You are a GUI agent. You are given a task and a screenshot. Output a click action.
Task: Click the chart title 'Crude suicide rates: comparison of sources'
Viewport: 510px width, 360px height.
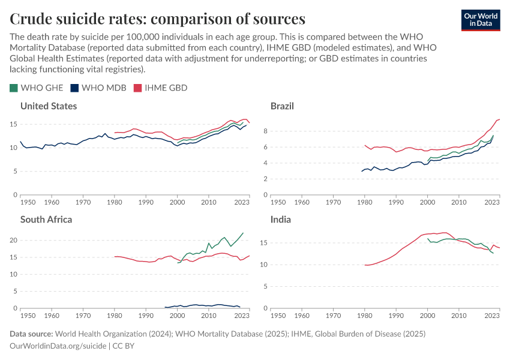[x=157, y=18]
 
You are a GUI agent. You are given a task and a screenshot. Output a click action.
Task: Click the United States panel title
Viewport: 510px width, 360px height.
[x=49, y=106]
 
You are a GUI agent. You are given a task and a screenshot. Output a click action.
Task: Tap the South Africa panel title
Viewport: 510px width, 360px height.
[x=46, y=219]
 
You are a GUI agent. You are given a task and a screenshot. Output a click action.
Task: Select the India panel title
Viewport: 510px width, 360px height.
[x=281, y=219]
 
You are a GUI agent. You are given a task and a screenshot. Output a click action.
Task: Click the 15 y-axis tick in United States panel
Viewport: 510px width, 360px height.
[x=14, y=124]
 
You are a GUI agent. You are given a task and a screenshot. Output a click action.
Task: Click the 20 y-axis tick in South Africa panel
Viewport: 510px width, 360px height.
[x=13, y=240]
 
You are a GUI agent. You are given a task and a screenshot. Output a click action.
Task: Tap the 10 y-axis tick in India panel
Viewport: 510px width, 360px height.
[x=264, y=265]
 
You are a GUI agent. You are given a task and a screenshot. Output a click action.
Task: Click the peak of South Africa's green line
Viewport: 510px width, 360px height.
[x=243, y=233]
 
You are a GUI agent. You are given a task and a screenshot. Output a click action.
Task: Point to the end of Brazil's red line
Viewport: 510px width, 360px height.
[x=499, y=119]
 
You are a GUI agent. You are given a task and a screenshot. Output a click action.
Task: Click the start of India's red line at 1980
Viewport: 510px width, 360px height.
[x=365, y=265]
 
